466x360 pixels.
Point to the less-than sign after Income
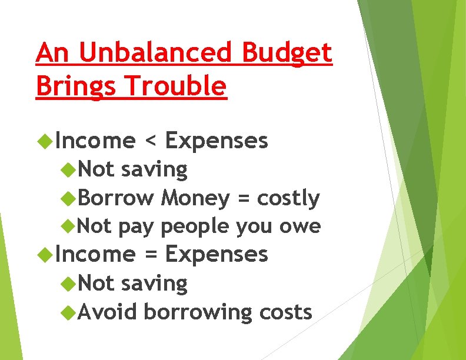click(151, 141)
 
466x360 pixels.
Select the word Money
click(195, 199)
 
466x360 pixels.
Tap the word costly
click(288, 199)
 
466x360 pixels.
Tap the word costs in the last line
click(285, 312)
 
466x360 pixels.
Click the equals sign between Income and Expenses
click(151, 255)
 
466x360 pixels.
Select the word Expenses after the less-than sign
click(217, 141)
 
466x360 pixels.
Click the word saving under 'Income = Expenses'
click(154, 283)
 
